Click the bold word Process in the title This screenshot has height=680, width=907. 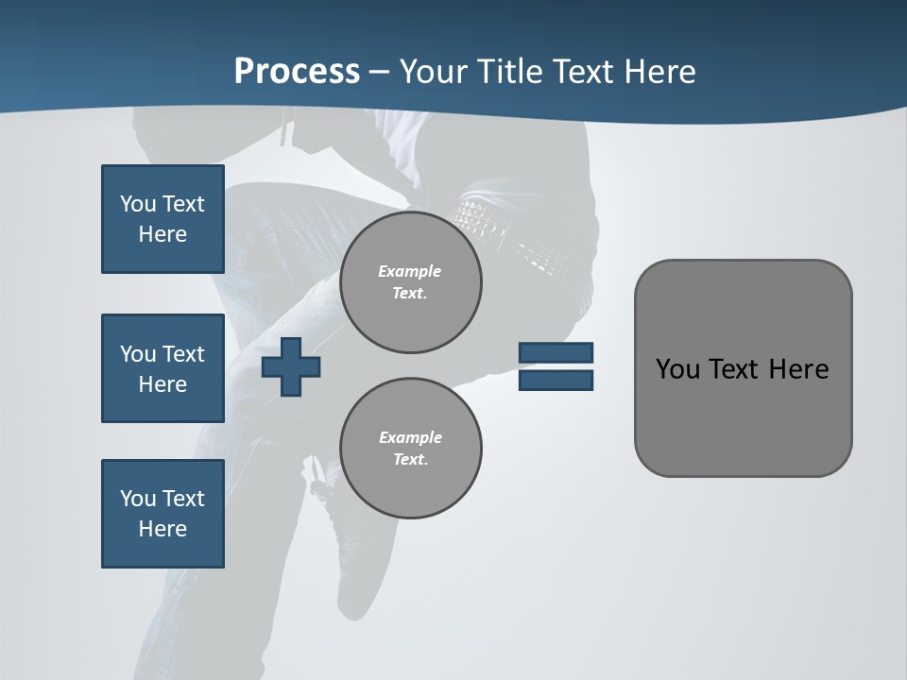[297, 72]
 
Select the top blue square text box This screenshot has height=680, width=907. [163, 219]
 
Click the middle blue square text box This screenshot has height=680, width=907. [163, 368]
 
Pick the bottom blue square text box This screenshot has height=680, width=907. [163, 514]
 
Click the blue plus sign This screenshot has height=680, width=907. [291, 366]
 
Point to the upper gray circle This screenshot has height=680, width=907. [411, 282]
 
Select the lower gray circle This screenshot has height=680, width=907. [411, 449]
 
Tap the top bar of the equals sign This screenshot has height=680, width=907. [556, 353]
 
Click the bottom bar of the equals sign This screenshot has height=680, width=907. [556, 380]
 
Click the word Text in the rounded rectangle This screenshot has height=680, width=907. [734, 369]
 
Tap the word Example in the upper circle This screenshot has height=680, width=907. [410, 271]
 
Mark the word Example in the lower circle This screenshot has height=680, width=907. [410, 437]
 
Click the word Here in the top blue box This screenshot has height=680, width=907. [163, 234]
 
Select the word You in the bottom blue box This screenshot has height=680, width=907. [138, 499]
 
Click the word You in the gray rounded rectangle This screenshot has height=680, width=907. [676, 369]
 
